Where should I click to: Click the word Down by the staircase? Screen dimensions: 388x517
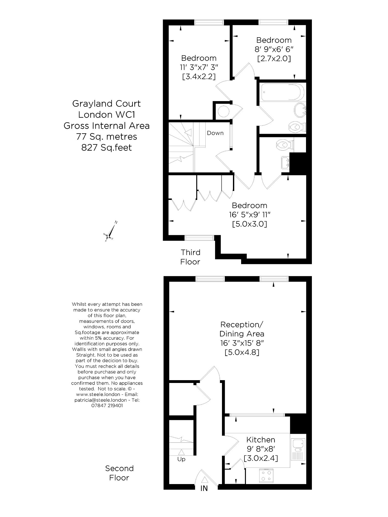(215, 133)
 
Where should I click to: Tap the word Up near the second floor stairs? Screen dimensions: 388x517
(181, 459)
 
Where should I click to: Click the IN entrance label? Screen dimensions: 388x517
(204, 488)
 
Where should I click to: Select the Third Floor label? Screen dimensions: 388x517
(190, 257)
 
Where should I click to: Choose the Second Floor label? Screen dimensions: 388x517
(119, 473)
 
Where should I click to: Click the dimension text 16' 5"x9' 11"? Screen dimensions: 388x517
(250, 215)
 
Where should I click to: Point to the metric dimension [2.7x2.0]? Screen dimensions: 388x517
(274, 59)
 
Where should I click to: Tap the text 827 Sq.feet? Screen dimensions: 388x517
(107, 148)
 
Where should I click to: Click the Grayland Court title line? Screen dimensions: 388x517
(107, 104)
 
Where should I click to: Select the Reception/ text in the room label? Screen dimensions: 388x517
(242, 324)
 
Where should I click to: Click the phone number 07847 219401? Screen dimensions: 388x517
(107, 405)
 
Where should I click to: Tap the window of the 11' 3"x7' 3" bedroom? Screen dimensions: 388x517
(209, 22)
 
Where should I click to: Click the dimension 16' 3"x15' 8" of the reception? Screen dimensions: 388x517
(242, 343)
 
